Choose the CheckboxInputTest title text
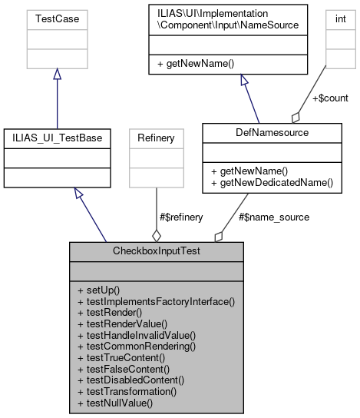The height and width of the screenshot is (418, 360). [x=157, y=250]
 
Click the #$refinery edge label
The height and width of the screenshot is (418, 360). [x=182, y=217]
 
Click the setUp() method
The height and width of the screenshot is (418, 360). [x=99, y=290]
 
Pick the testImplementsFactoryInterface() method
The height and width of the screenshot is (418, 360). [x=155, y=302]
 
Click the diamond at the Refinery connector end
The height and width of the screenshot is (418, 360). [x=157, y=235]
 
